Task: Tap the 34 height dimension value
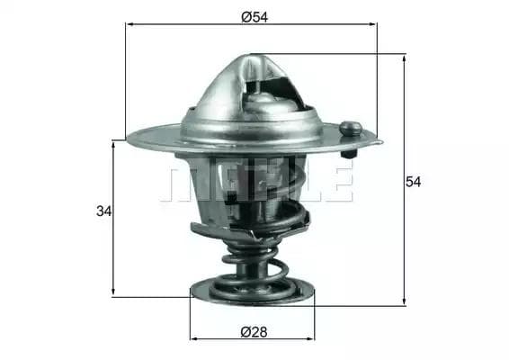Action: coord(103,211)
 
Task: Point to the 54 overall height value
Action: coord(413,181)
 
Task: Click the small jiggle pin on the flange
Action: coord(353,129)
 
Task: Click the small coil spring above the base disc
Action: coord(254,269)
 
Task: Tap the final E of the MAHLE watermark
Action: coord(336,181)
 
